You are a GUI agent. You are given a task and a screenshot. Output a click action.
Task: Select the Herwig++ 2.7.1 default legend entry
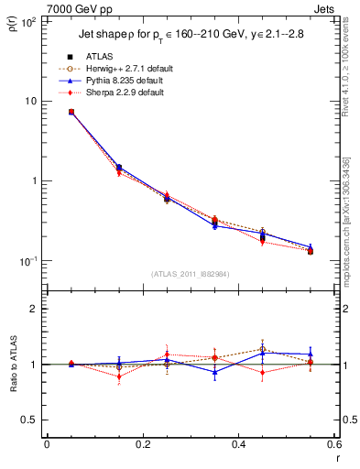pos(133,69)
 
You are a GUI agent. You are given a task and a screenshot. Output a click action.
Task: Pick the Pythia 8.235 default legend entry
pos(132,81)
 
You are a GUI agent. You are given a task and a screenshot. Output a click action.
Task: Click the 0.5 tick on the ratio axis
pos(30,420)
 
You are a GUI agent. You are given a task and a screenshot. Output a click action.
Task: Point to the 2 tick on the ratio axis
pos(34,309)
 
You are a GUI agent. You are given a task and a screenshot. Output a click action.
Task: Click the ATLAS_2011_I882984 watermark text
pos(191,274)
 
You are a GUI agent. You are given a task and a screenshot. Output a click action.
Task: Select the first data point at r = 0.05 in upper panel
pos(71,112)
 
